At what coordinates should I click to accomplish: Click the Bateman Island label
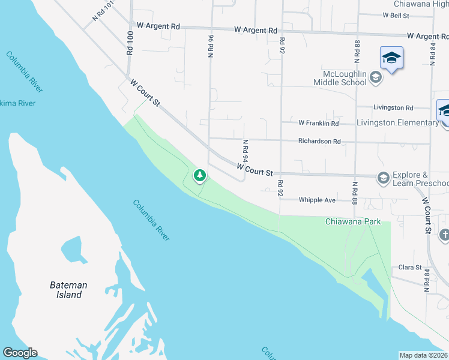point(68,290)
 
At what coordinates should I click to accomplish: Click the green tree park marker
point(199,176)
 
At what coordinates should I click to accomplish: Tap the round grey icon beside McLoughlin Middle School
point(375,76)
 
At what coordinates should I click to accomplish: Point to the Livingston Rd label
point(393,108)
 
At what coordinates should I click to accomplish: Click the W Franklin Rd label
point(319,123)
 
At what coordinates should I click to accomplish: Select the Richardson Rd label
point(320,142)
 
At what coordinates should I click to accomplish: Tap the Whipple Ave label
point(318,200)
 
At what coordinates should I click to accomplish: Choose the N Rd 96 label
point(211,46)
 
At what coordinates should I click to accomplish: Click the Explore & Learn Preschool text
point(420,179)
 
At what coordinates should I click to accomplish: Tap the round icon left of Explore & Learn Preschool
point(382,178)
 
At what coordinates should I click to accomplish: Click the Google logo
point(20,353)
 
